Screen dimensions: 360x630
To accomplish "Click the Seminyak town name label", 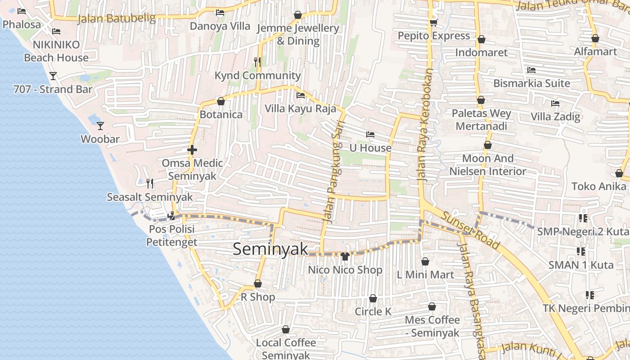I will pyautogui.click(x=270, y=249).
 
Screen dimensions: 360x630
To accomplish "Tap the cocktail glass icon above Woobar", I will pyautogui.click(x=100, y=126).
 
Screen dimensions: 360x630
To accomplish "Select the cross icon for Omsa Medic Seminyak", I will pyautogui.click(x=192, y=149).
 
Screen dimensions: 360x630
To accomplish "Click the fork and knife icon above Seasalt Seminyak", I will pyautogui.click(x=150, y=183).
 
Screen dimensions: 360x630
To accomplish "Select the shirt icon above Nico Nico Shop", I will pyautogui.click(x=345, y=256).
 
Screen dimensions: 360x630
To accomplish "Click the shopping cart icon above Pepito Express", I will pyautogui.click(x=433, y=22).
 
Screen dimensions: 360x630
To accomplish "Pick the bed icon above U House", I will pyautogui.click(x=370, y=134).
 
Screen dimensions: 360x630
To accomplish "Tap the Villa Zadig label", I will pyautogui.click(x=555, y=117).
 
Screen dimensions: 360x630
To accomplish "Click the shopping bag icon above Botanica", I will pyautogui.click(x=220, y=101).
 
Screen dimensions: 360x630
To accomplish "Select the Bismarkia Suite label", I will pyautogui.click(x=531, y=83).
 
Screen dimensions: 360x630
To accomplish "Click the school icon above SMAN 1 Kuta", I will pyautogui.click(x=580, y=251).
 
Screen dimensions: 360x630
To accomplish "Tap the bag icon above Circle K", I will pyautogui.click(x=373, y=298).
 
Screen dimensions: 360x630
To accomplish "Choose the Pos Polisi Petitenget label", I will pyautogui.click(x=171, y=236).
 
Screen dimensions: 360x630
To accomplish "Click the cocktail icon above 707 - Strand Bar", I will pyautogui.click(x=53, y=76).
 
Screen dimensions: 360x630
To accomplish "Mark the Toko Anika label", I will pyautogui.click(x=598, y=186).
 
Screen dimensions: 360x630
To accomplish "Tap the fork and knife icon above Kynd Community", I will pyautogui.click(x=257, y=62).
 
